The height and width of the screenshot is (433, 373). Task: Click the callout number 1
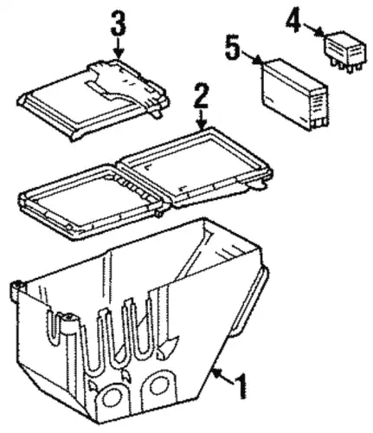pyautogui.click(x=241, y=387)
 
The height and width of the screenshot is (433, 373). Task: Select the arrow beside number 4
pyautogui.click(x=312, y=29)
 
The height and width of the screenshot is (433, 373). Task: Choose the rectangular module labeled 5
pyautogui.click(x=294, y=95)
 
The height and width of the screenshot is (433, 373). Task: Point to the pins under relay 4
pyautogui.click(x=346, y=67)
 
